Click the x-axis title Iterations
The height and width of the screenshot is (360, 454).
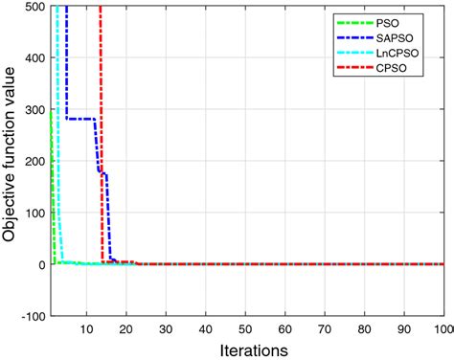point(246,349)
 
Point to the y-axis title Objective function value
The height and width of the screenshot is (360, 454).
point(11,159)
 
